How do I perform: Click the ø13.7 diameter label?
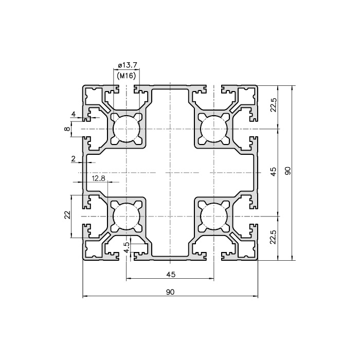point(128,65)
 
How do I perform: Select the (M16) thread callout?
point(127,76)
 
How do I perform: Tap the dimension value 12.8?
point(98,178)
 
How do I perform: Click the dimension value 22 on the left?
point(68,215)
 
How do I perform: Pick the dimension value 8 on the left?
point(67,129)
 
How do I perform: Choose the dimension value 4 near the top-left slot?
point(74,114)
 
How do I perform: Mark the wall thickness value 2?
point(74,158)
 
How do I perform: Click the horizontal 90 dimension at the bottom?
point(170,292)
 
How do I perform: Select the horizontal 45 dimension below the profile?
point(171,274)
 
